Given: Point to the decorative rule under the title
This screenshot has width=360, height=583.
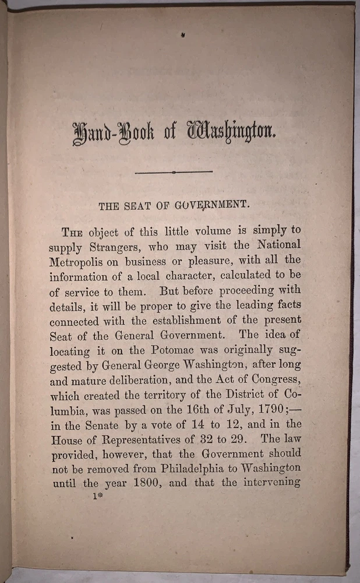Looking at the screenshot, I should click(x=174, y=172).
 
